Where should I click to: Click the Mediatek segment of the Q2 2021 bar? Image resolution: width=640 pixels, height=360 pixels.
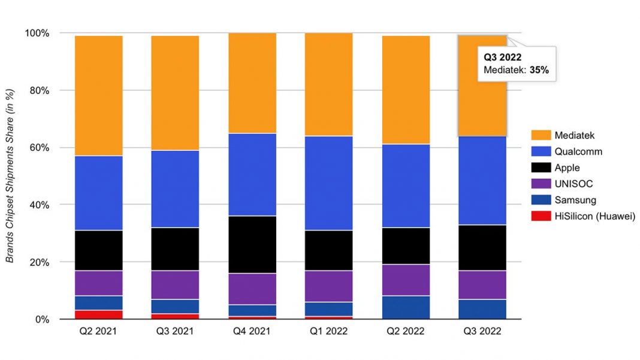99,96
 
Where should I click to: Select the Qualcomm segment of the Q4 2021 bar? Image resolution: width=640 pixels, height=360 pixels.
252,174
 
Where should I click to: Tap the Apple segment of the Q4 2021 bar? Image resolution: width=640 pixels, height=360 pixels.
252,244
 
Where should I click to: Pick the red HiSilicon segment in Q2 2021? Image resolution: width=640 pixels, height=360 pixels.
99,314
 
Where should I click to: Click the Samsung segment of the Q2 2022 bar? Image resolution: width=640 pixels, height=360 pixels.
406,307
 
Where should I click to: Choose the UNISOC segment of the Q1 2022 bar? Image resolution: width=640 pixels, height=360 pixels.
329,286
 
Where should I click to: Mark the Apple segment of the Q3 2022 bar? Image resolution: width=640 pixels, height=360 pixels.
482,247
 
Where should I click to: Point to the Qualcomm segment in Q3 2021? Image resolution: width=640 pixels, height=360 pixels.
176,189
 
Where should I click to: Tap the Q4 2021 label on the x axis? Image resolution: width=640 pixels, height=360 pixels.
252,331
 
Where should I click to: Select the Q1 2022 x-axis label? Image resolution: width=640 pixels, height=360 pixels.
329,331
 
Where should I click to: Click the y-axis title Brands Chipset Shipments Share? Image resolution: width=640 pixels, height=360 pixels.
10,176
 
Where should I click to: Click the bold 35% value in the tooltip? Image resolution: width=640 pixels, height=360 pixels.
539,70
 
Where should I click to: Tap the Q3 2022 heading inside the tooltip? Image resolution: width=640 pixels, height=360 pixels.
502,58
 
